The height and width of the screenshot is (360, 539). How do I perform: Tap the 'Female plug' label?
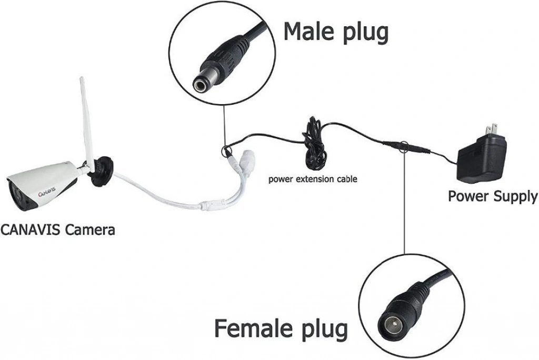tap(281, 328)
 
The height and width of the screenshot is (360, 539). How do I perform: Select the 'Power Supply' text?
tap(492, 196)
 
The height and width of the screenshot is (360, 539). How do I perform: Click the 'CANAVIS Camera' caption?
tap(57, 229)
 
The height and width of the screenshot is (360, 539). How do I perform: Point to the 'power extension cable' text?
tap(313, 179)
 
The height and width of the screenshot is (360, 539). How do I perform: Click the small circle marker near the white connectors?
tap(227, 151)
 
